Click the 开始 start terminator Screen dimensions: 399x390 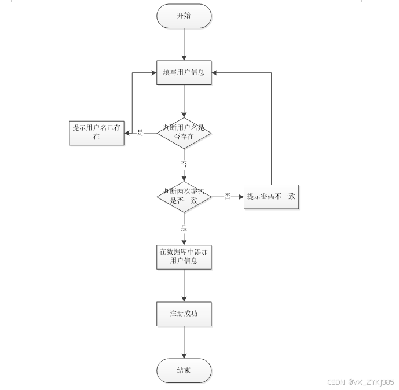184,16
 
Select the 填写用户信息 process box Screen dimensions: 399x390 184,73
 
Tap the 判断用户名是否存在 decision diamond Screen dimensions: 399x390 184,133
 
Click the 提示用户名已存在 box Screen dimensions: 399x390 97,133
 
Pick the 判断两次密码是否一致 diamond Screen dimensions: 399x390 184,196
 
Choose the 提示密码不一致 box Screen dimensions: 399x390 271,197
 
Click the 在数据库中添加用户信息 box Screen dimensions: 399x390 184,256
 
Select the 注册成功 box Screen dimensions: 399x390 184,314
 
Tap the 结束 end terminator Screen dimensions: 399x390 184,370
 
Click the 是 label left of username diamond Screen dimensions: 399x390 140,133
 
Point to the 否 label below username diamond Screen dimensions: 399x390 184,164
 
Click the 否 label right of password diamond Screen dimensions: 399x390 228,197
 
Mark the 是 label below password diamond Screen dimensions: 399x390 184,228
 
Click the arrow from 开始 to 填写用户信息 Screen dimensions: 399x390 184,43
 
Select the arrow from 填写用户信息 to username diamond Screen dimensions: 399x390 184,101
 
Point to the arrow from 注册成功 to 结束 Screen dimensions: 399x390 184,343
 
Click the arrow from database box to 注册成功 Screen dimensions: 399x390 184,285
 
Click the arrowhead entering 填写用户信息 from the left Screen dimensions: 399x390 153,73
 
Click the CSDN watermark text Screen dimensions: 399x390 360,382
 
